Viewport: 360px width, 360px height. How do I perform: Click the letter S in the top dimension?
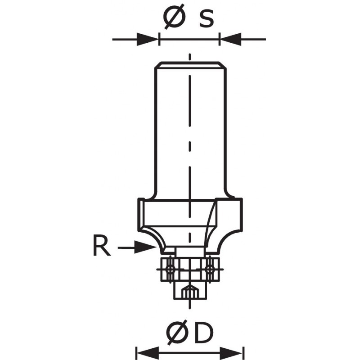coord(206,18)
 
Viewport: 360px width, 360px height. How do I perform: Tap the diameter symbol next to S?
coord(174,18)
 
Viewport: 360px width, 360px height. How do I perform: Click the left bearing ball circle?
coord(169,269)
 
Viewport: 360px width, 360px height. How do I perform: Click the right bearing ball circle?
coord(209,269)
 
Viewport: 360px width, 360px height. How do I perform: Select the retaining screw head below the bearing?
coord(189,291)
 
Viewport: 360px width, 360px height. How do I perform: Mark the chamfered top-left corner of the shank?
coord(156,66)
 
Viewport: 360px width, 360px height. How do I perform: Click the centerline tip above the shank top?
coord(190,57)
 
